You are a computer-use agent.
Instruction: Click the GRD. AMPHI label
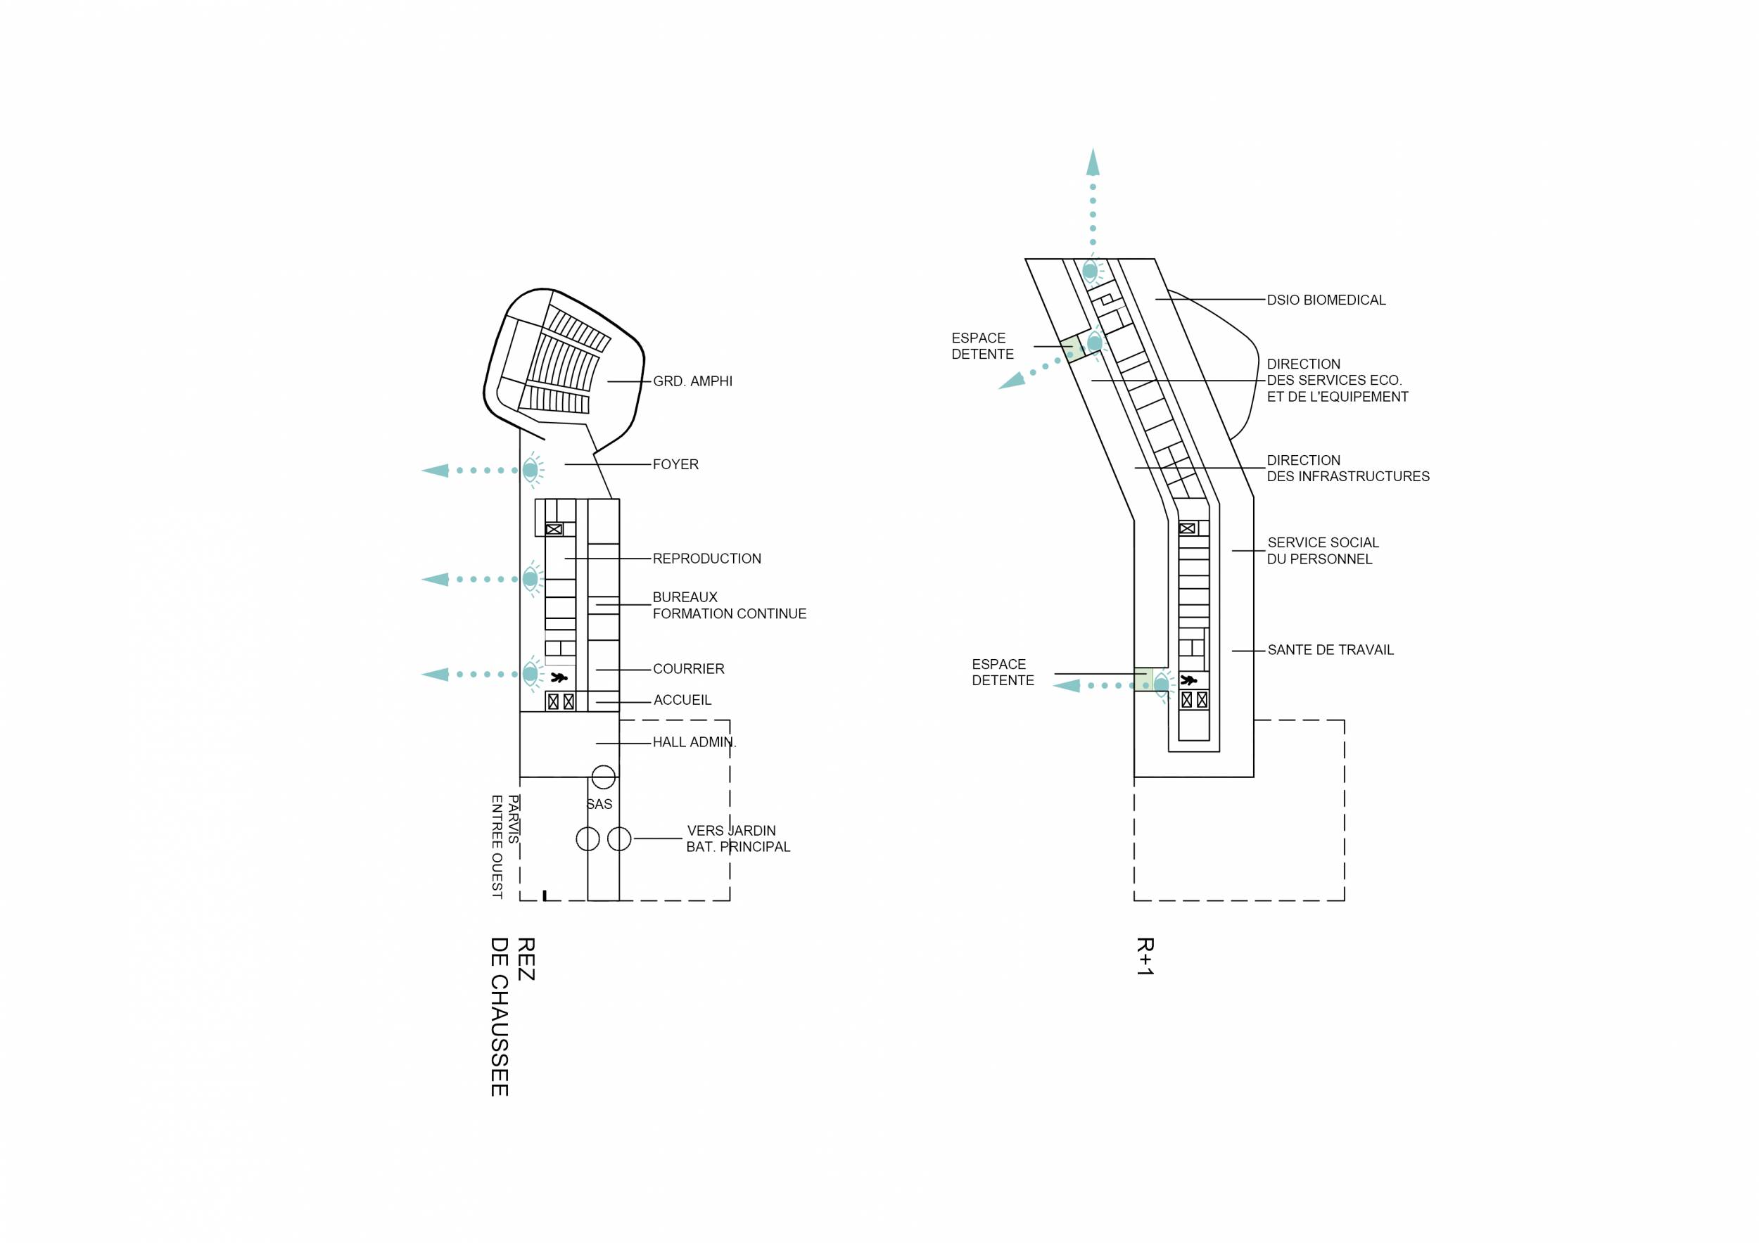(692, 381)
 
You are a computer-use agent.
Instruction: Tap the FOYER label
(675, 464)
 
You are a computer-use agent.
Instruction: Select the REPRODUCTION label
(706, 559)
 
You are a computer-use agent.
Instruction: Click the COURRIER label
(688, 668)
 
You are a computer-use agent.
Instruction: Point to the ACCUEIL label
(682, 700)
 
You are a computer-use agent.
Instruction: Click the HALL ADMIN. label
(693, 742)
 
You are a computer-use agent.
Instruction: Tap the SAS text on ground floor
(599, 804)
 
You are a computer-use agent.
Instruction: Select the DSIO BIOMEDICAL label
(1326, 300)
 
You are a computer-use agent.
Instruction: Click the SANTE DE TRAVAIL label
(1330, 649)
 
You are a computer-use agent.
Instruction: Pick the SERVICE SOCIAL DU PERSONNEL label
(1322, 551)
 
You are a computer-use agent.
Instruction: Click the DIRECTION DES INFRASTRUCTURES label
(1347, 468)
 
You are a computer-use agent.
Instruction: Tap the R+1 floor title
(1145, 956)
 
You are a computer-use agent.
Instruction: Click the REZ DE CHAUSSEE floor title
(512, 1016)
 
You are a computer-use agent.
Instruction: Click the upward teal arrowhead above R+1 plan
(1093, 162)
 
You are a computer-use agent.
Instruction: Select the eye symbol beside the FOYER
(530, 470)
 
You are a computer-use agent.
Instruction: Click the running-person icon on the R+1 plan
(1188, 680)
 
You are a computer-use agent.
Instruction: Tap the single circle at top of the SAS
(604, 777)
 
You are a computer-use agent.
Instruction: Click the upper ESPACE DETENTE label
(982, 346)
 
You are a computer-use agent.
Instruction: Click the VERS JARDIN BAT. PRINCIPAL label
(737, 839)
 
